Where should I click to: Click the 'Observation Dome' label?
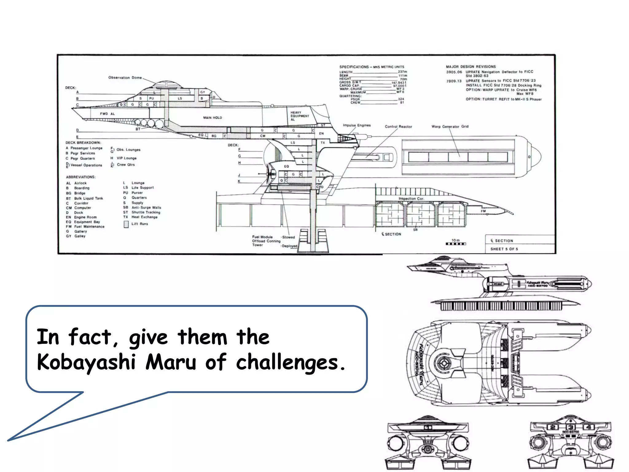[x=125, y=77]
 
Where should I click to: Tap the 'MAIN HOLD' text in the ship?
[x=213, y=118]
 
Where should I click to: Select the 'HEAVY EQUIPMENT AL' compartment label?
[x=300, y=116]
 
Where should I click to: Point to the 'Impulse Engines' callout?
[x=357, y=125]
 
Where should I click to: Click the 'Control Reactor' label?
[x=398, y=127]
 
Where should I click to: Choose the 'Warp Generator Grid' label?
[x=450, y=126]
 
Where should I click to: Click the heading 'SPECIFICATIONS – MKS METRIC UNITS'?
[x=372, y=67]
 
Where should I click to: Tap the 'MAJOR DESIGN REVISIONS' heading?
[x=471, y=66]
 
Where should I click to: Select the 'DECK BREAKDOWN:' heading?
[x=83, y=143]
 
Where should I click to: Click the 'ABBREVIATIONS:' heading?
[x=81, y=177]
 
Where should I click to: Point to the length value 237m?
[x=402, y=72]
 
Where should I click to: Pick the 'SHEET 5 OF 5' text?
[x=504, y=249]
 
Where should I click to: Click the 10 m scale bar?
[x=456, y=244]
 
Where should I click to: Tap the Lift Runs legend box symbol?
[x=126, y=224]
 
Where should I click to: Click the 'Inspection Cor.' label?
[x=411, y=199]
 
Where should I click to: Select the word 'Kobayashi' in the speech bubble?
[x=86, y=362]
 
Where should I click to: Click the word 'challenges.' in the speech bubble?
[x=291, y=362]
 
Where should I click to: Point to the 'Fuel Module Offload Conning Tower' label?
[x=266, y=241]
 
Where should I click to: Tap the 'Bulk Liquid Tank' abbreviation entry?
[x=88, y=198]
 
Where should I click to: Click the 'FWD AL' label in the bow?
[x=107, y=114]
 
